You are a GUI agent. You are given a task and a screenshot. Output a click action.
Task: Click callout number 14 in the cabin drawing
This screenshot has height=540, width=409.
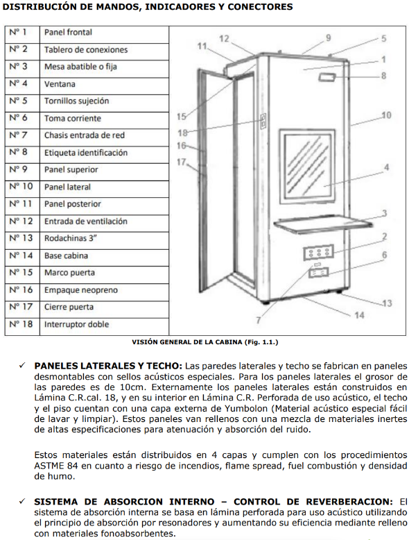pos(359,315)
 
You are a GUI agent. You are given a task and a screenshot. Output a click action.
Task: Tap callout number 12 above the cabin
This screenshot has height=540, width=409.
pos(224,39)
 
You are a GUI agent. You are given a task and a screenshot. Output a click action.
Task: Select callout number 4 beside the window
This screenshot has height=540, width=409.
pos(386,167)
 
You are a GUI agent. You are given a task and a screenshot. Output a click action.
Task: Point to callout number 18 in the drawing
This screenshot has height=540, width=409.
pos(182,133)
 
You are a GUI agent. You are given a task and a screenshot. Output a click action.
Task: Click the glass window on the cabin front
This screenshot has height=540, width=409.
pos(307,166)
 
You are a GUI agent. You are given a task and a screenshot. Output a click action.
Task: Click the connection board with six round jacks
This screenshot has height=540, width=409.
pos(318,253)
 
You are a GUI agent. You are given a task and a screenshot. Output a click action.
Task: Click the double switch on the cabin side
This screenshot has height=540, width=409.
pos(263,121)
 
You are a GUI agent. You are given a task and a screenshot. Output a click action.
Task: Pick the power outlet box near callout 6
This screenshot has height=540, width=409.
pos(318,273)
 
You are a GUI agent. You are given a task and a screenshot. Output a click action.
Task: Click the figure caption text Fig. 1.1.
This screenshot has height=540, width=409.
pos(261,342)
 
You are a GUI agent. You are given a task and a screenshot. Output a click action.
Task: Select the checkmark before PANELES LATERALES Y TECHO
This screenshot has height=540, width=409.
pos(22,365)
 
